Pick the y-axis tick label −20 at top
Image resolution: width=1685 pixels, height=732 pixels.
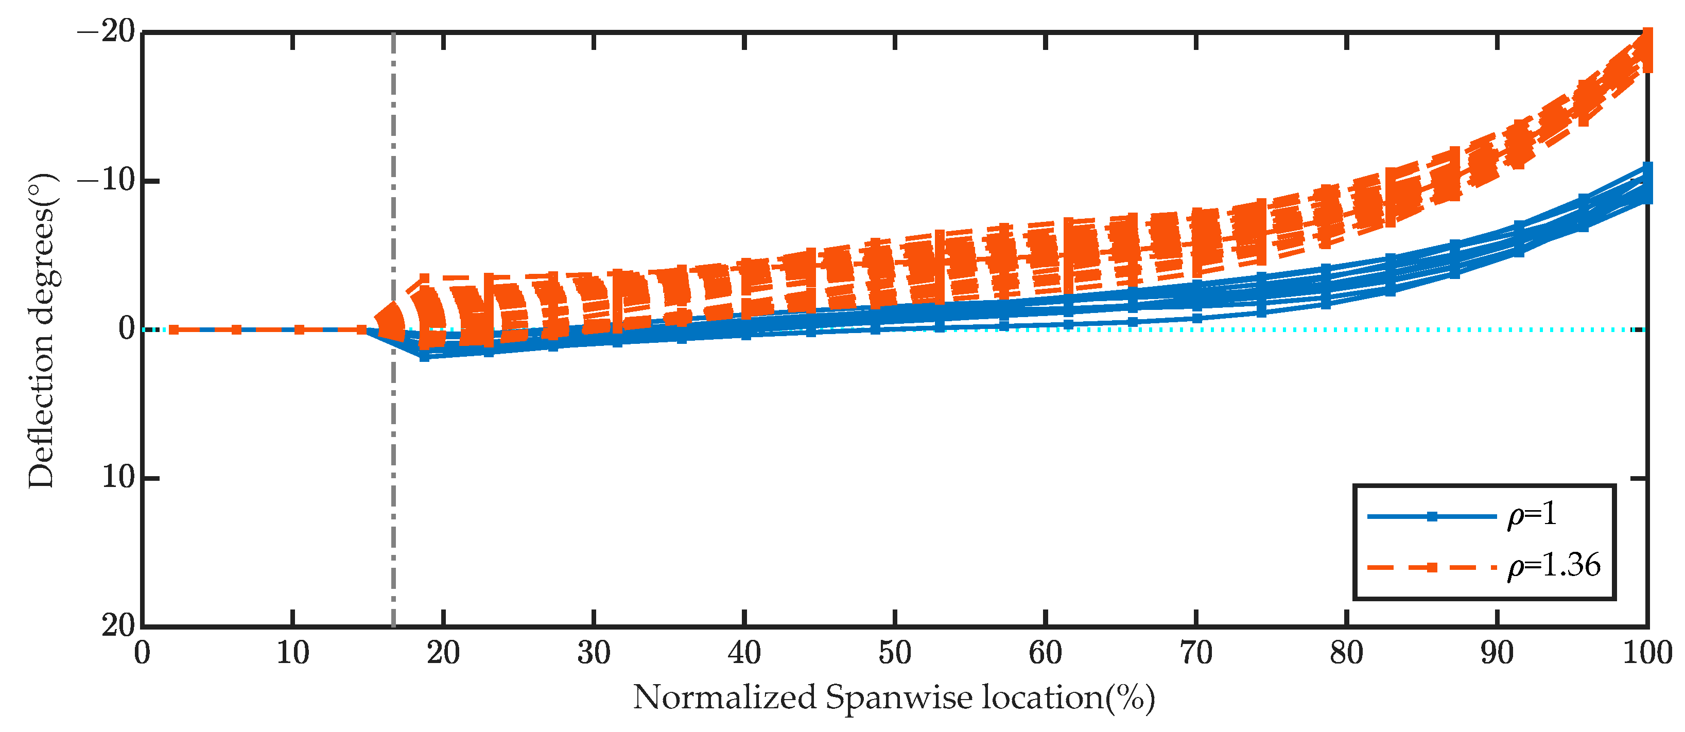(x=106, y=31)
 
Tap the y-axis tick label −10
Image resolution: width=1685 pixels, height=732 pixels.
(x=106, y=181)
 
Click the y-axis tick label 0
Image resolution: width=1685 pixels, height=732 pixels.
(x=126, y=329)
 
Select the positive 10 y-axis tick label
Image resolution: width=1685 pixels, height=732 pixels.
(x=118, y=478)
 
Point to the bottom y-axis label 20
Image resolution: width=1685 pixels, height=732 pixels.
(x=118, y=626)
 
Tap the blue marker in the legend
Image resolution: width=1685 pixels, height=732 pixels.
(x=1431, y=517)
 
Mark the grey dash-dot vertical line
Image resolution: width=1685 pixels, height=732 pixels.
(x=393, y=491)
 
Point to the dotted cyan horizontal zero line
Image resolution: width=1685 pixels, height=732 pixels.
(x=1439, y=329)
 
